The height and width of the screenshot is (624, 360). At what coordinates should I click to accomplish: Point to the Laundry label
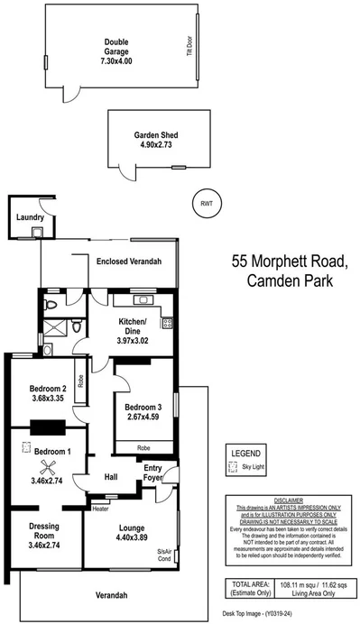point(30,217)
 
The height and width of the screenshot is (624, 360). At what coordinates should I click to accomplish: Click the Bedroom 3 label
point(141,406)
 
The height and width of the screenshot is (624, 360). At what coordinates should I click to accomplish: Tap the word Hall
point(111,477)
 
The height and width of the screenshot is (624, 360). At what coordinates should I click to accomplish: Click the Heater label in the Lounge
point(100,509)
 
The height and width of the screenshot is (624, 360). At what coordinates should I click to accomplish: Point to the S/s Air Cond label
point(163,555)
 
